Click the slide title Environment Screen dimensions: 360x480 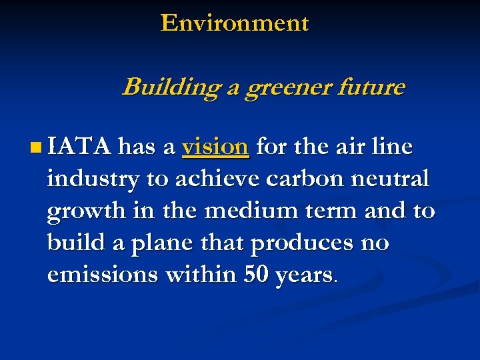click(235, 23)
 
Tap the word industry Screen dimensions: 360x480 click(93, 179)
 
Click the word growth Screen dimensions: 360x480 click(85, 211)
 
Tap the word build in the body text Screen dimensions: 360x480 click(75, 243)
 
